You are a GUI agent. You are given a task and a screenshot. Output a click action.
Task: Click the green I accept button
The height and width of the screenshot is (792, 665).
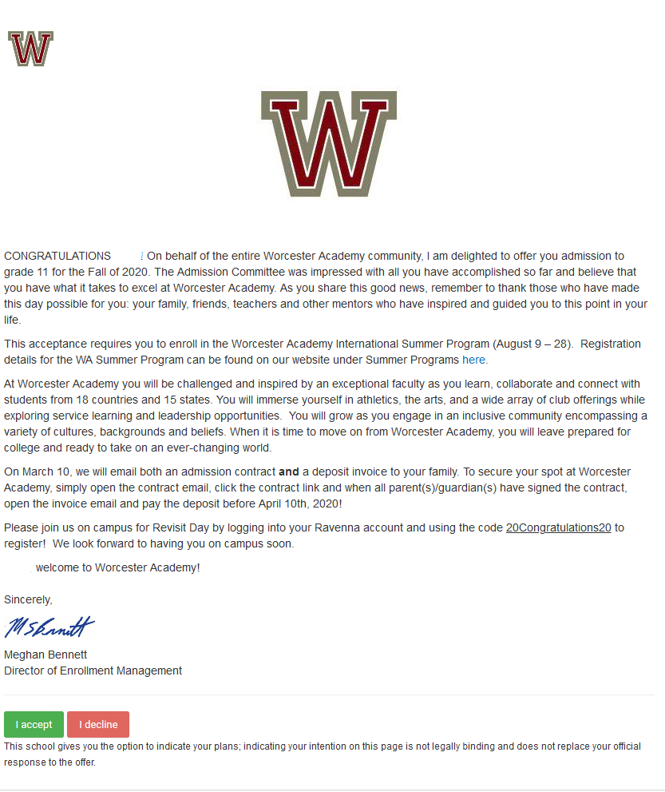click(x=34, y=725)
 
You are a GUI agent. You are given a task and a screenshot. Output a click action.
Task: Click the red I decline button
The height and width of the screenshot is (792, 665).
click(x=98, y=725)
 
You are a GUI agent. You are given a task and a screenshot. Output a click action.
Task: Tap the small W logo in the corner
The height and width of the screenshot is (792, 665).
click(x=30, y=49)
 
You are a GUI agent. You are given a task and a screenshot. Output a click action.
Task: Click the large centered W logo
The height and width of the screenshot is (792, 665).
click(x=329, y=143)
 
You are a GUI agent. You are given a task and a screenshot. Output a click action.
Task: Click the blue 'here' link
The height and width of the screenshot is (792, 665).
click(x=474, y=360)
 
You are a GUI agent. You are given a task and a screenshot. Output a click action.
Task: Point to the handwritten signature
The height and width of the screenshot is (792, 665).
click(x=49, y=627)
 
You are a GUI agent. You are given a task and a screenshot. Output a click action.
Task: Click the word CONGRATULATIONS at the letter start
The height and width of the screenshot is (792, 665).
click(x=57, y=256)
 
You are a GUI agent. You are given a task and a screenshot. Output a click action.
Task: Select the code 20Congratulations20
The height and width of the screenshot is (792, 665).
click(x=558, y=527)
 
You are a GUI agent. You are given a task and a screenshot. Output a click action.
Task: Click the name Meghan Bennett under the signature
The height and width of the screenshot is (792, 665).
click(x=46, y=655)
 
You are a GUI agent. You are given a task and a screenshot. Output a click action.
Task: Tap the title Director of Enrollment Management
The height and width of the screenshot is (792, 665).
click(x=93, y=671)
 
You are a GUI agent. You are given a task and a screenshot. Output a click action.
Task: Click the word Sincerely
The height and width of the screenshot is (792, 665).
click(x=28, y=599)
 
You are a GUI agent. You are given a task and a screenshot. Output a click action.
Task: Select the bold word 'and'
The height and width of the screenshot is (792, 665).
click(x=288, y=472)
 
